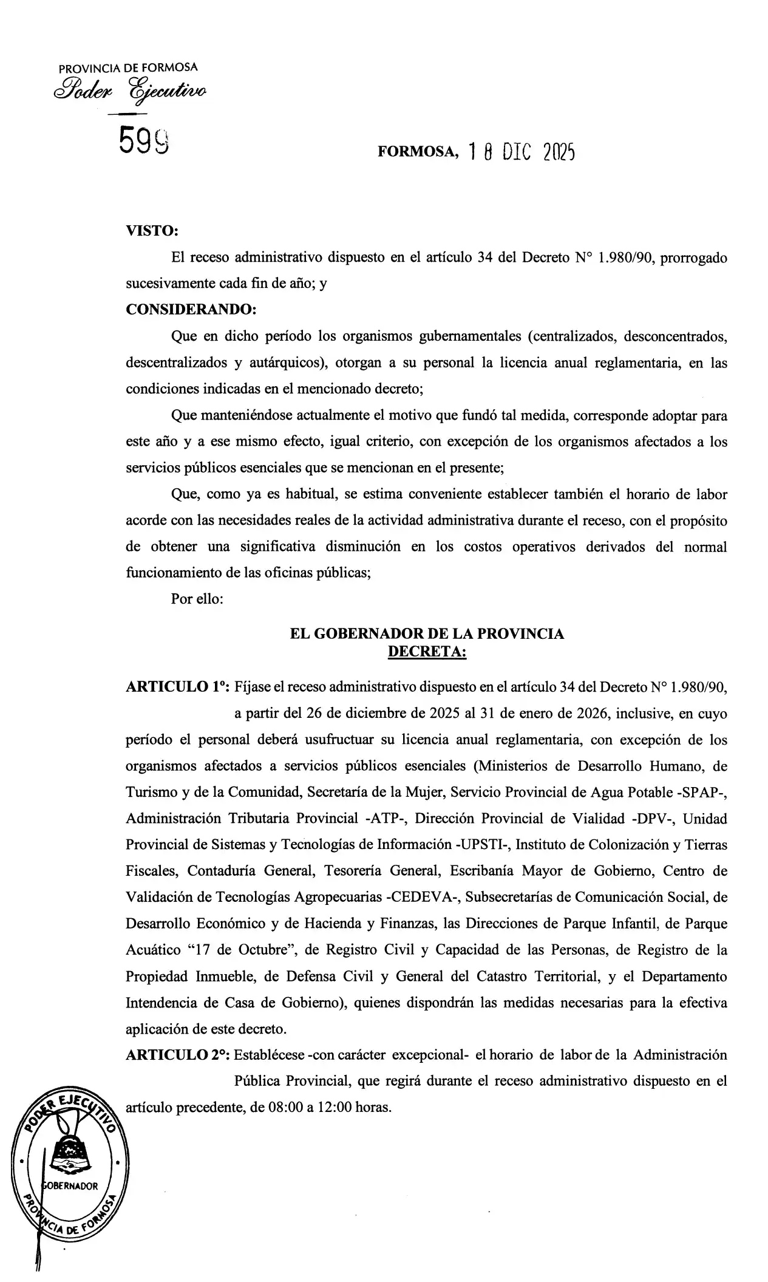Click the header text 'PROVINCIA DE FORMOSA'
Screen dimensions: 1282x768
coord(128,68)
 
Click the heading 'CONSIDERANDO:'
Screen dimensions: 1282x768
coord(191,309)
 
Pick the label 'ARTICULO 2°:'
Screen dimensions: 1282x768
coord(177,1054)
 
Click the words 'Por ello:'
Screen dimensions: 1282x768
coord(198,599)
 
